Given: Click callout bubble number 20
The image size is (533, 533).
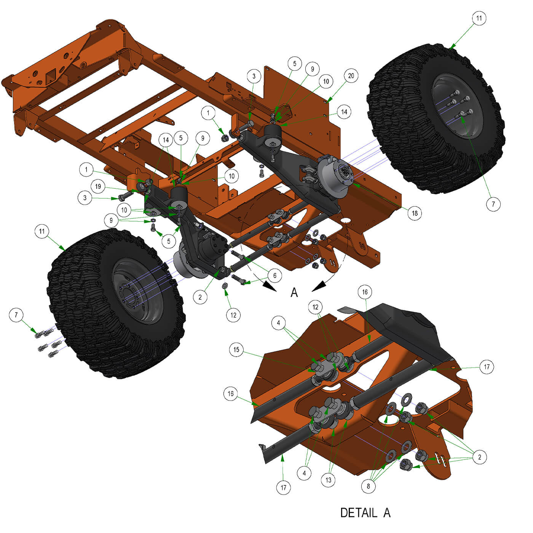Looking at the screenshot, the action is coord(351,75).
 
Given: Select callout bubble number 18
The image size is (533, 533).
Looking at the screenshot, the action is coord(414,213).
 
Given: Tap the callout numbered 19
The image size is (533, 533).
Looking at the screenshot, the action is coord(98,187).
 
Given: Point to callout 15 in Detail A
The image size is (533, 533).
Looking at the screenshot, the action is coord(236,349).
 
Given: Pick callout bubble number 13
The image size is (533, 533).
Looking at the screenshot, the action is coord(328,480).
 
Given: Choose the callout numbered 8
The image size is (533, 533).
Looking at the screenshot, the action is coord(368,486).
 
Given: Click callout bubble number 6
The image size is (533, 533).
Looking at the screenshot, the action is coord(274,275).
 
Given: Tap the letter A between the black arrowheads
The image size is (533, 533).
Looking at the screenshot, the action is coord(294,292).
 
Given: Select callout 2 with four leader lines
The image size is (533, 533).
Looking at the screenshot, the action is coord(479,457).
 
